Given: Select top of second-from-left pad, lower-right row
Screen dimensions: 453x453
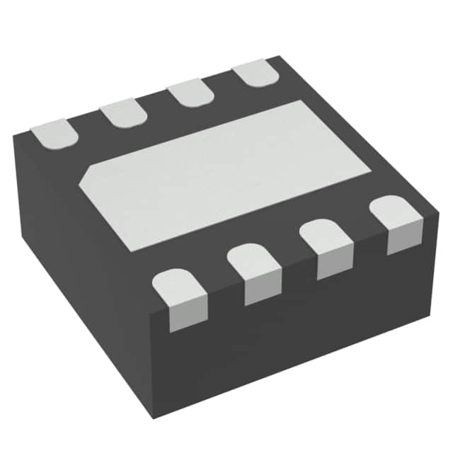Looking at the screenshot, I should (x=253, y=258).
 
